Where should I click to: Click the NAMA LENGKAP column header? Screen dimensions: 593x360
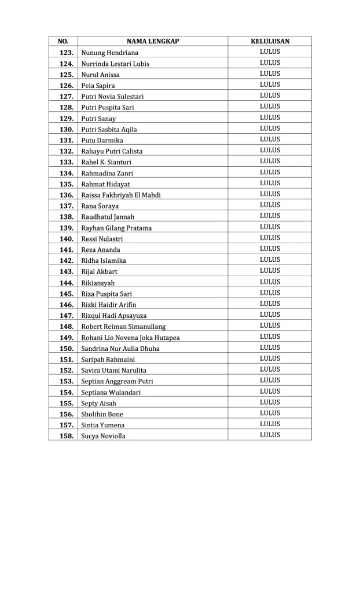pyautogui.click(x=153, y=42)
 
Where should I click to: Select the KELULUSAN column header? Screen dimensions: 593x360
pyautogui.click(x=270, y=42)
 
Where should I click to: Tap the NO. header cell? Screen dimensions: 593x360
pyautogui.click(x=64, y=42)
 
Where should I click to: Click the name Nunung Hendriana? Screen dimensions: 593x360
pyautogui.click(x=110, y=53)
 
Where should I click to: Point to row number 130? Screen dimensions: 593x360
pyautogui.click(x=67, y=129)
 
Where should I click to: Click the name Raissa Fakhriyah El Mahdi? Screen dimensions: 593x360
pyautogui.click(x=121, y=195)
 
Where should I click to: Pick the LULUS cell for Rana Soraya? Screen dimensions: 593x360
pyautogui.click(x=270, y=205)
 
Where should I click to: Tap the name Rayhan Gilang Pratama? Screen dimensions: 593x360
pyautogui.click(x=116, y=228)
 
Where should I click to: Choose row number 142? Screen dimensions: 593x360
pyautogui.click(x=67, y=261)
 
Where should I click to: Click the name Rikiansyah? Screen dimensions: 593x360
pyautogui.click(x=98, y=283)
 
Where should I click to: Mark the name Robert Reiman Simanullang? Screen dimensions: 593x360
pyautogui.click(x=123, y=327)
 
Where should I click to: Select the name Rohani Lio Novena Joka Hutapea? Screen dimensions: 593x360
pyautogui.click(x=130, y=338)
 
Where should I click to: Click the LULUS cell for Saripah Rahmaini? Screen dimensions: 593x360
pyautogui.click(x=270, y=358)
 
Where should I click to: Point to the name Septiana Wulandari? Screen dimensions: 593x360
pyautogui.click(x=111, y=393)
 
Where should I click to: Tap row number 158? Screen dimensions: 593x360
pyautogui.click(x=67, y=436)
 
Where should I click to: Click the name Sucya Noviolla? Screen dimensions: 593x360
pyautogui.click(x=103, y=436)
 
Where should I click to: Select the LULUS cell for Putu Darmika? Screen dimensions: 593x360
pyautogui.click(x=270, y=139)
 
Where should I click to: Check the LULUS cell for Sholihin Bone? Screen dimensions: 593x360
pyautogui.click(x=270, y=413)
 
